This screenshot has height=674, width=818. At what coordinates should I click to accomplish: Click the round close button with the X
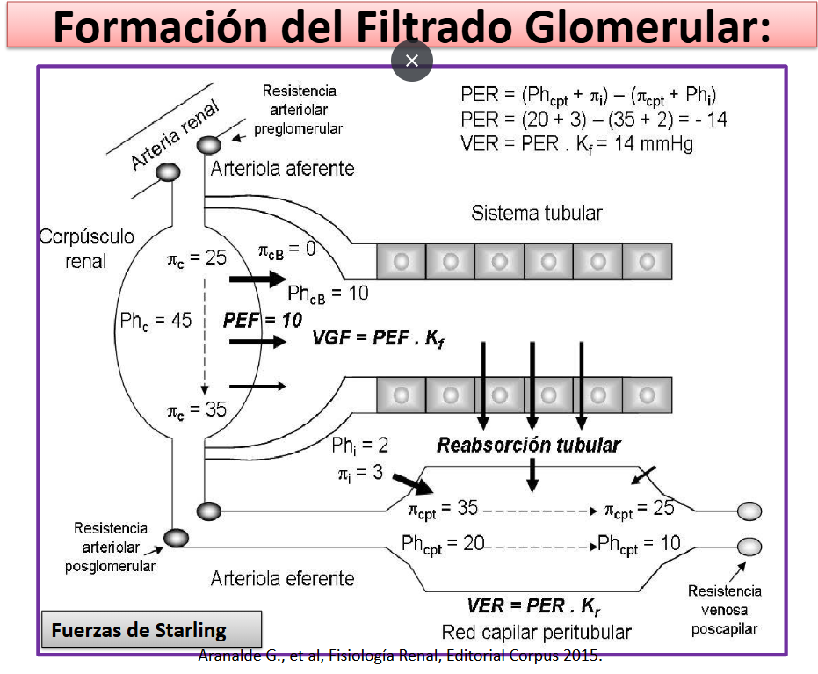411,61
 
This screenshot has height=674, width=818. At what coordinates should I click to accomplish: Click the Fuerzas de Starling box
151,629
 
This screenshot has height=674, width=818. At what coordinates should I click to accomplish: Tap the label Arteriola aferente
282,169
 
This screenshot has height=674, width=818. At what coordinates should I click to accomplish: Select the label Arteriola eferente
282,578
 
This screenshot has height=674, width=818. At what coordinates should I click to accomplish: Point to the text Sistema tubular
536,213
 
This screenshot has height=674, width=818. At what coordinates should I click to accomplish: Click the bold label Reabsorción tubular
528,445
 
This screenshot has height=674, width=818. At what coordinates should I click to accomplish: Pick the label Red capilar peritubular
536,633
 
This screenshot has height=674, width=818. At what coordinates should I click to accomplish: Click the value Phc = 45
156,321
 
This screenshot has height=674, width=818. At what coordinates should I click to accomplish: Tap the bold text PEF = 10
263,320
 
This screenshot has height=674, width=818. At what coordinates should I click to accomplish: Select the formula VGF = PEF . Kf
378,338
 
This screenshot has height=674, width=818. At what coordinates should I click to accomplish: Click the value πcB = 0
287,250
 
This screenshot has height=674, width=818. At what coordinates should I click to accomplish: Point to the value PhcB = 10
328,294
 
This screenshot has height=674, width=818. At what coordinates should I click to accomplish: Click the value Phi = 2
359,446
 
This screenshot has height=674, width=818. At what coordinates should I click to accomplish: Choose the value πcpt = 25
639,509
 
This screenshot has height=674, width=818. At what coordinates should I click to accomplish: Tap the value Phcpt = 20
443,544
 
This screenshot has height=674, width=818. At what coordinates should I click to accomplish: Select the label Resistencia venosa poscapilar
724,610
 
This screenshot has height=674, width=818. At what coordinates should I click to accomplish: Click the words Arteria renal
175,135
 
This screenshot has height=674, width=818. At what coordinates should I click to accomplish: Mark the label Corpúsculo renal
87,249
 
